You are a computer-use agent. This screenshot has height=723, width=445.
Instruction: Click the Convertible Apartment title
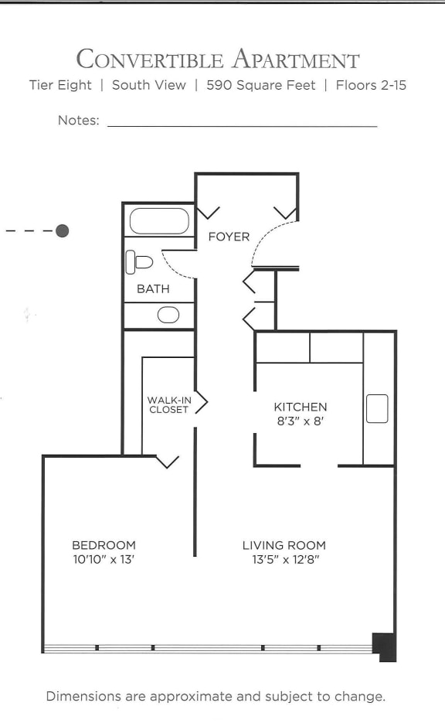tap(218, 60)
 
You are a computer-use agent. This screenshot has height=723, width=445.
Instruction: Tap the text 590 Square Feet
tap(260, 85)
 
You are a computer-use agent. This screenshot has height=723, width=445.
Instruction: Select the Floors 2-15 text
tap(371, 85)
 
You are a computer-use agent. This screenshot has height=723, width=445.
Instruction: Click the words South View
tap(148, 85)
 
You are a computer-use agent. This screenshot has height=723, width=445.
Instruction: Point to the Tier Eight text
tap(60, 85)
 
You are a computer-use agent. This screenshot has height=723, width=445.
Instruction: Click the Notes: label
tap(78, 121)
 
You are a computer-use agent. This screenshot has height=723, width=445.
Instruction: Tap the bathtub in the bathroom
tap(159, 221)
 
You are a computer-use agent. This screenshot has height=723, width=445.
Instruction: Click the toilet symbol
tap(139, 262)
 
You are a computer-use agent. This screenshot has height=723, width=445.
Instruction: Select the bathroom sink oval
tap(168, 315)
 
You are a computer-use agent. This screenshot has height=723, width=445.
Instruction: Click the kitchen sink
tap(377, 408)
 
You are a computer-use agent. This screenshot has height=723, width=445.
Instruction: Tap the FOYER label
tap(229, 237)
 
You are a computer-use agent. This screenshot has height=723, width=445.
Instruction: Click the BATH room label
tap(153, 289)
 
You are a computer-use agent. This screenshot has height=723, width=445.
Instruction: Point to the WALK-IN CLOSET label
tap(168, 404)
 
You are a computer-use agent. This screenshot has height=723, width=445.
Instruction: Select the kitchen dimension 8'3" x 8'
tap(300, 421)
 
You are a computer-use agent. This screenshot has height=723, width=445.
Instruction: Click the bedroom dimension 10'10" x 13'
tap(104, 559)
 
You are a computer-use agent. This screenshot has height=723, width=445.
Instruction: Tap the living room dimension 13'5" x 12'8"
tap(284, 559)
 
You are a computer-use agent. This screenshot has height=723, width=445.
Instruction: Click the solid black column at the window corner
tap(385, 646)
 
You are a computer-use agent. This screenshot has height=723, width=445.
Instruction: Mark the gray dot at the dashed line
tap(63, 230)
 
